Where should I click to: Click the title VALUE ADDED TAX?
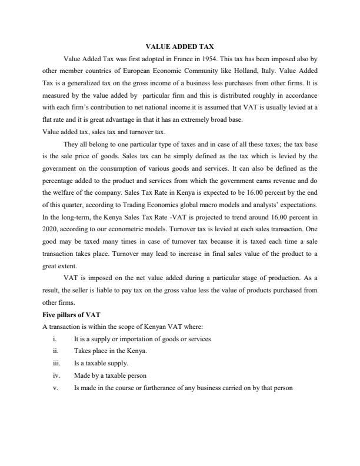179,46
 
